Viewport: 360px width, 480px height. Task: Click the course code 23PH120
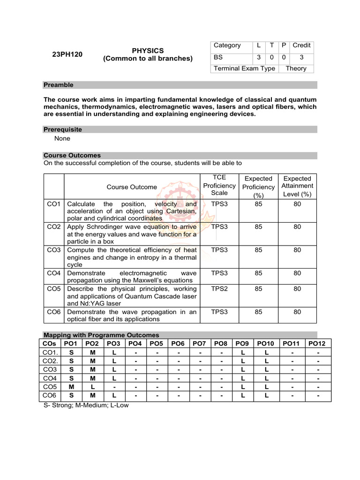coord(67,54)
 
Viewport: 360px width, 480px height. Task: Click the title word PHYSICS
coord(148,50)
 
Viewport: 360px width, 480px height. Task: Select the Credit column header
coord(301,45)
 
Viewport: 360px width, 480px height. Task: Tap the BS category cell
coord(218,57)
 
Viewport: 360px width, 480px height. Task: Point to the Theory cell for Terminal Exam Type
coord(296,68)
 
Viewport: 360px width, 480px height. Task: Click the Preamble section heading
coord(59,85)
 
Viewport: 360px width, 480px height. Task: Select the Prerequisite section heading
coord(62,129)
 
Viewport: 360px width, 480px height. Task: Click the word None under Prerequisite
coord(62,138)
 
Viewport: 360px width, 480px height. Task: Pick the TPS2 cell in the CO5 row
coord(219,289)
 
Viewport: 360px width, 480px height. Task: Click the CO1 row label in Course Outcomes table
coord(54,204)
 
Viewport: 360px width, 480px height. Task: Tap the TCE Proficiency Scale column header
coord(219,186)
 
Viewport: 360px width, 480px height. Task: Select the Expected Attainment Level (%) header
coord(297,186)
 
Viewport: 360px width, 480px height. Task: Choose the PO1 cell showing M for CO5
coord(71,387)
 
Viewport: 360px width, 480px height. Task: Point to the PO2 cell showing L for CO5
coord(93,387)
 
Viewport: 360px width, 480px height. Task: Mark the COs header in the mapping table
coord(49,344)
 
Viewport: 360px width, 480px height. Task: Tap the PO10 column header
coord(266,344)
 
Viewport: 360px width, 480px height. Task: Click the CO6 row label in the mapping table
coord(49,396)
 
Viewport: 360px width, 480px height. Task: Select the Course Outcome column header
coord(132,187)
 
